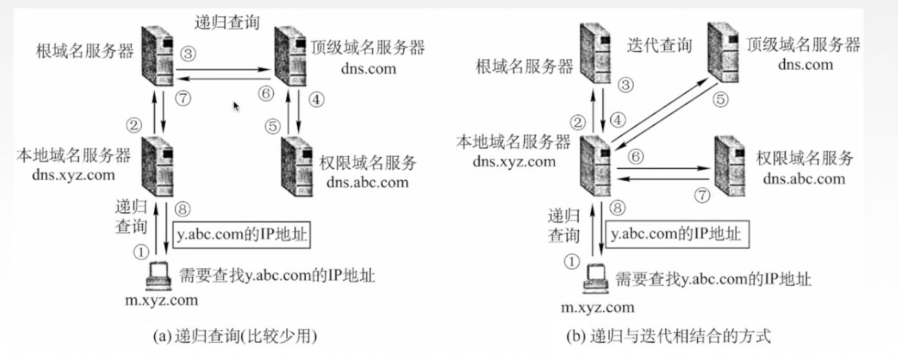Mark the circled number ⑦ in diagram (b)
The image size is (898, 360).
pos(702,193)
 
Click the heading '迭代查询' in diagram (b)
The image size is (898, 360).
pos(659,45)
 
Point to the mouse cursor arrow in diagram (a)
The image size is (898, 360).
pos(236,106)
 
